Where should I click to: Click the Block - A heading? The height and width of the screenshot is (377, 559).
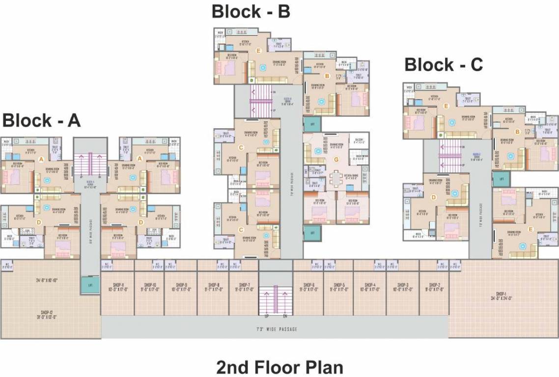(41, 120)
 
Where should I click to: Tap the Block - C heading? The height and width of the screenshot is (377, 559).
(444, 64)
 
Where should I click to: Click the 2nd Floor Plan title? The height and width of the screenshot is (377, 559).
(279, 367)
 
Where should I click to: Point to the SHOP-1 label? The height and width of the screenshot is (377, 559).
(503, 296)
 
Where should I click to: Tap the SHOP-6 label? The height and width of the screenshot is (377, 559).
(308, 287)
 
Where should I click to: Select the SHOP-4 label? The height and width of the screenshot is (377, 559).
(370, 287)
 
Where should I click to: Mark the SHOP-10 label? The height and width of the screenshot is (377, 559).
(149, 287)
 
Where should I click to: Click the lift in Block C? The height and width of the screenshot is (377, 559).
(501, 179)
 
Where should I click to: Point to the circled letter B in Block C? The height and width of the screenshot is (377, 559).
(517, 132)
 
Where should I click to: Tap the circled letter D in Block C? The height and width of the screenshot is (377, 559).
(433, 197)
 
